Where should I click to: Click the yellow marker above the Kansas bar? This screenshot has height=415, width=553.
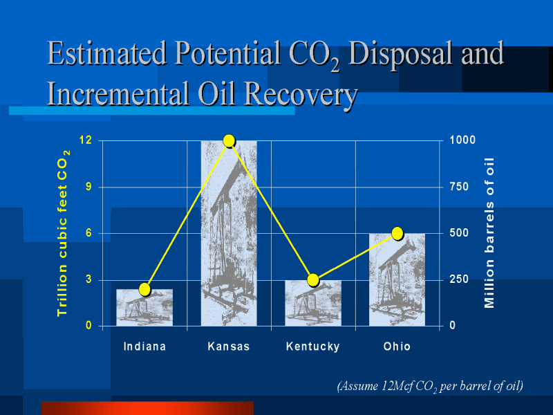pyautogui.click(x=229, y=141)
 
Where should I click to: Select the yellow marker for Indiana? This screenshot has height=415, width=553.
pyautogui.click(x=145, y=289)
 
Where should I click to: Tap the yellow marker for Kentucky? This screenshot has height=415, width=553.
pyautogui.click(x=313, y=280)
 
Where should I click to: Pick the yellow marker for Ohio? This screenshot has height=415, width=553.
pyautogui.click(x=397, y=233)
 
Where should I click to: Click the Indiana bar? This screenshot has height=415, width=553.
pyautogui.click(x=144, y=307)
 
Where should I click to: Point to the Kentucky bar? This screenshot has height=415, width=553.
pyautogui.click(x=313, y=303)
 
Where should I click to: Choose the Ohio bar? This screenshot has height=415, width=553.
pyautogui.click(x=397, y=279)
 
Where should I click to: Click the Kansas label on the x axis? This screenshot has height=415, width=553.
pyautogui.click(x=229, y=347)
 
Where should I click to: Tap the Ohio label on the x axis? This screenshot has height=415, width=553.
pyautogui.click(x=397, y=347)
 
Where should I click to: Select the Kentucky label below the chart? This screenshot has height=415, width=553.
pyautogui.click(x=313, y=347)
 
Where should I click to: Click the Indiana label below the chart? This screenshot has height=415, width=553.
pyautogui.click(x=144, y=347)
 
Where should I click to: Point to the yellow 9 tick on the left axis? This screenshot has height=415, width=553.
pyautogui.click(x=88, y=187)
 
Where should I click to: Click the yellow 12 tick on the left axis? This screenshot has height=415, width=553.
pyautogui.click(x=86, y=140)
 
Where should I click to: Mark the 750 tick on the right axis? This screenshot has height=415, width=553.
pyautogui.click(x=459, y=187)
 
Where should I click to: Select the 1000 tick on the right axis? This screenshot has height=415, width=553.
pyautogui.click(x=462, y=140)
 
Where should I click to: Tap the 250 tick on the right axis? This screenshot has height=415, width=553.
pyautogui.click(x=459, y=279)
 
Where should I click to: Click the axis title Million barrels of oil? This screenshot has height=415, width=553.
pyautogui.click(x=489, y=233)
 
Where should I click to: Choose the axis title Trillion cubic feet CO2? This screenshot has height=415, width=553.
pyautogui.click(x=64, y=233)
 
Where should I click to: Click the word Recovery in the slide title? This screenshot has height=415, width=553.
pyautogui.click(x=301, y=93)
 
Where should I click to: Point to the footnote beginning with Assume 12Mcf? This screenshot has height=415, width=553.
pyautogui.click(x=430, y=386)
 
